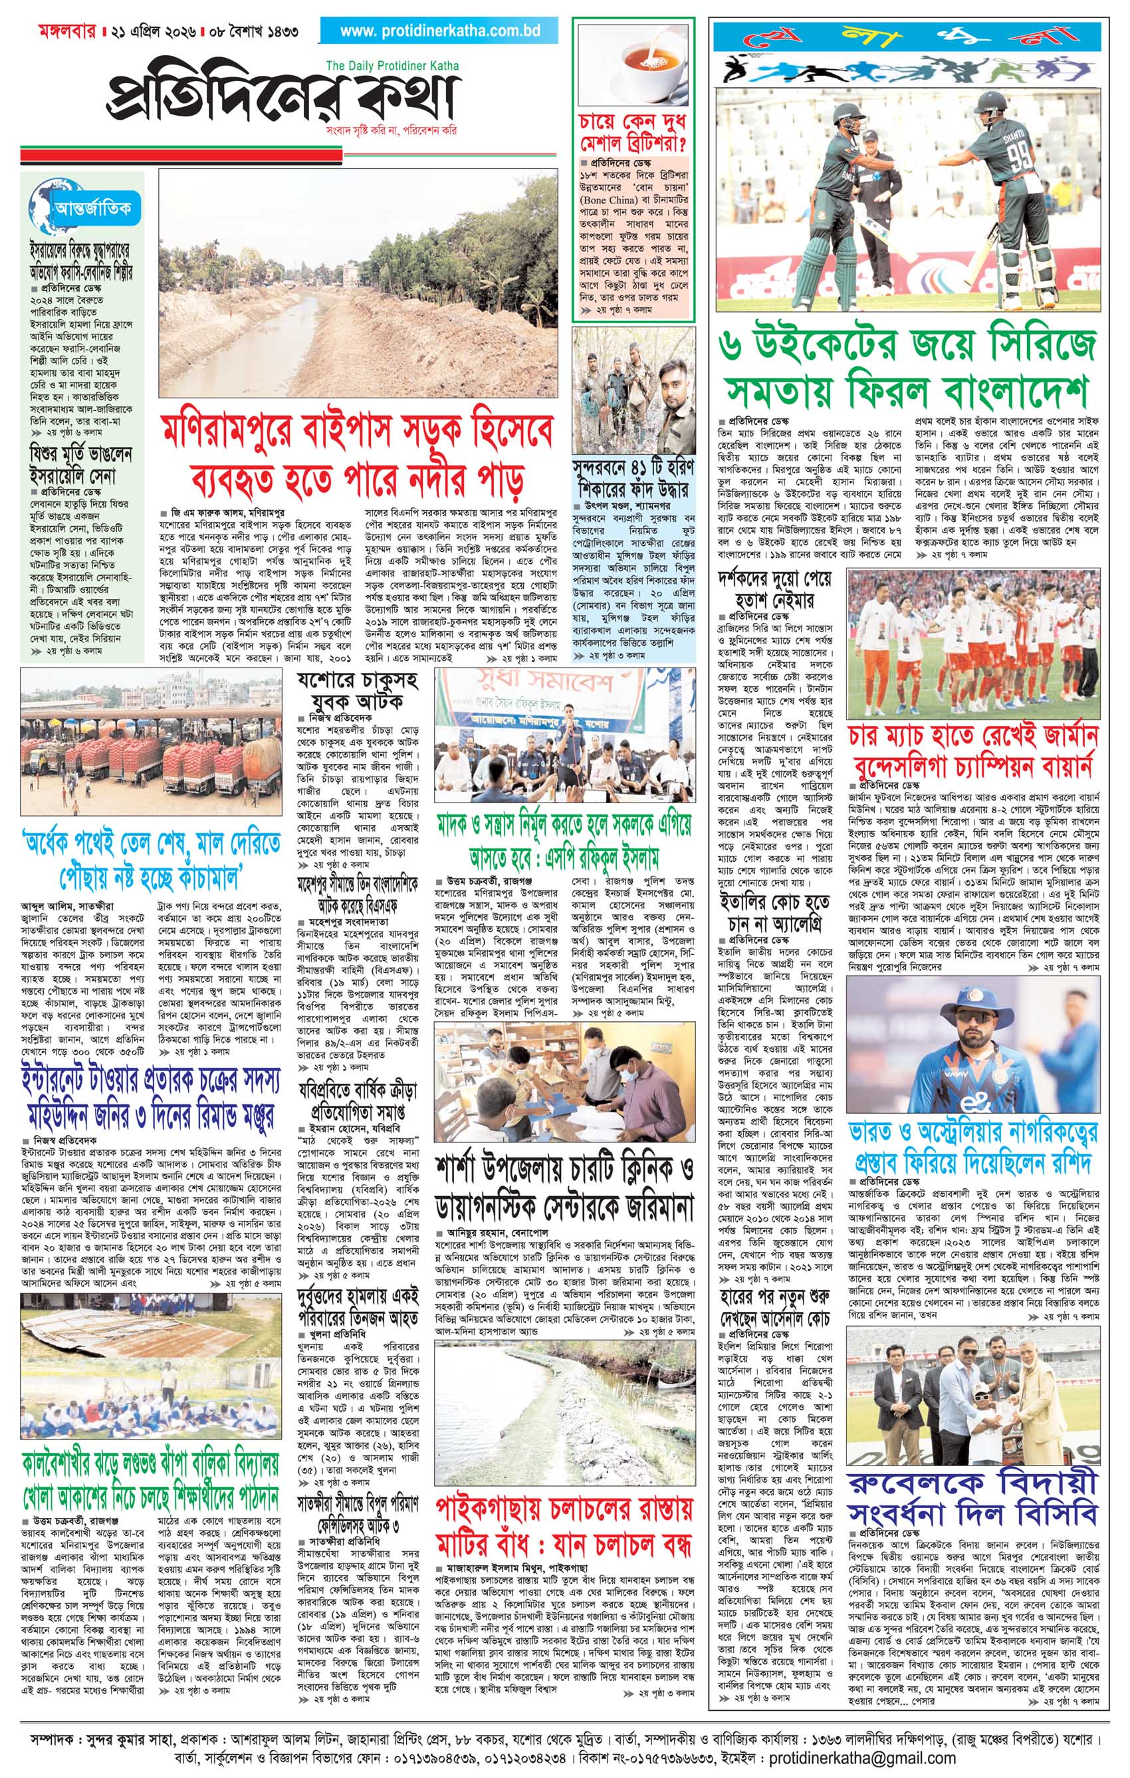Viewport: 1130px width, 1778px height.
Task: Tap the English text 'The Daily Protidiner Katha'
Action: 392,66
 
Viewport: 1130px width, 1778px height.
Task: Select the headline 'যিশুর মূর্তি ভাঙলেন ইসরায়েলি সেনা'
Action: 81,462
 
